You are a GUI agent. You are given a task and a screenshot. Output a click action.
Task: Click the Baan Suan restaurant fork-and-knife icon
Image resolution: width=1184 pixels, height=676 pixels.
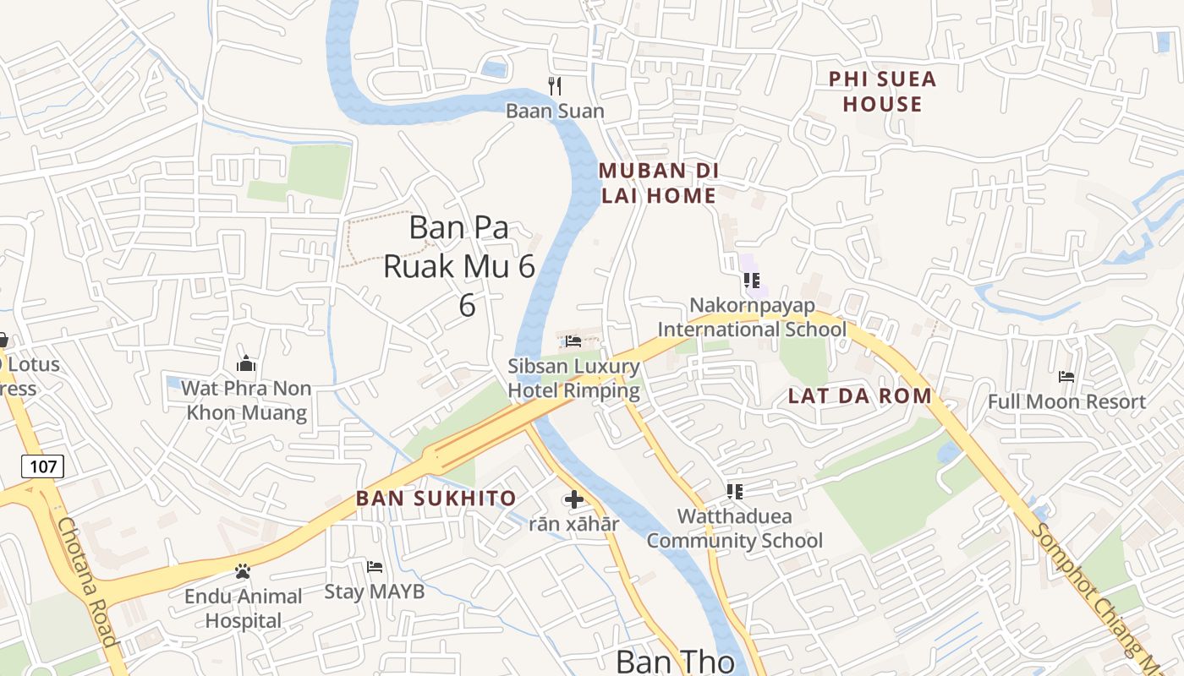[x=555, y=85]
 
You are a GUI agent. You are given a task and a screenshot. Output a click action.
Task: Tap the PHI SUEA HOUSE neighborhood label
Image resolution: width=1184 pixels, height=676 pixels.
[x=882, y=91]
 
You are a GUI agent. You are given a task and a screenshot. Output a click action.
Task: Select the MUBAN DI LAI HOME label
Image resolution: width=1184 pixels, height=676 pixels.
[x=658, y=183]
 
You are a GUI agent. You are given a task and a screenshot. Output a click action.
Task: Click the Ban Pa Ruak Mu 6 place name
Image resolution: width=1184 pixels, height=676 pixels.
[x=459, y=265]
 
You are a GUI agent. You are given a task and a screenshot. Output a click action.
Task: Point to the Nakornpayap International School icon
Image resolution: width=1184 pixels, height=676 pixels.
[x=751, y=280]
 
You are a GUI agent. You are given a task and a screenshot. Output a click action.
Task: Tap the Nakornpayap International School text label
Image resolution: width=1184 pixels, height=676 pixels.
[x=752, y=317]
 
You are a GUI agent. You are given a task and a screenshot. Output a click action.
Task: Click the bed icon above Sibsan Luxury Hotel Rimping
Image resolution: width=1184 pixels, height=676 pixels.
[x=573, y=341]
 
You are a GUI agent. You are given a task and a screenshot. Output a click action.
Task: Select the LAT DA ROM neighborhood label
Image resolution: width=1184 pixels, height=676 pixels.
[x=859, y=395]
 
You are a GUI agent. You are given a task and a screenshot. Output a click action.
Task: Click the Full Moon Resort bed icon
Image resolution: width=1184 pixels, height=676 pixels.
[x=1066, y=376]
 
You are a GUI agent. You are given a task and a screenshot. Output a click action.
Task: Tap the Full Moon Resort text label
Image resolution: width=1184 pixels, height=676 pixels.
[x=1066, y=401]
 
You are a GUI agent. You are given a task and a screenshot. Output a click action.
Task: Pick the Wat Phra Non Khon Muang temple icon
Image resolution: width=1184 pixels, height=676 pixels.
[x=246, y=363]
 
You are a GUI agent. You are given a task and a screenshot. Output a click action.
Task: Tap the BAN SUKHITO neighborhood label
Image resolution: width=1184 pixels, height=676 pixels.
[x=436, y=498]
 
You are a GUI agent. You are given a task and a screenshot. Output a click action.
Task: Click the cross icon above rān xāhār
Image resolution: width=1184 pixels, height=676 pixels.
[x=573, y=499]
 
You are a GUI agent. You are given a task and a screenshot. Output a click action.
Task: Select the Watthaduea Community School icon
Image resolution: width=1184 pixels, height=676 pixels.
[x=734, y=491]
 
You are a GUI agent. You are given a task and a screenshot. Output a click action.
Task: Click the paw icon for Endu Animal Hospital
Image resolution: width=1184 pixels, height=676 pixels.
[x=243, y=571]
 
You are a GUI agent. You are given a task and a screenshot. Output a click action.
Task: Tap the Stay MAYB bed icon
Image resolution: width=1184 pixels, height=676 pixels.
[x=375, y=566]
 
